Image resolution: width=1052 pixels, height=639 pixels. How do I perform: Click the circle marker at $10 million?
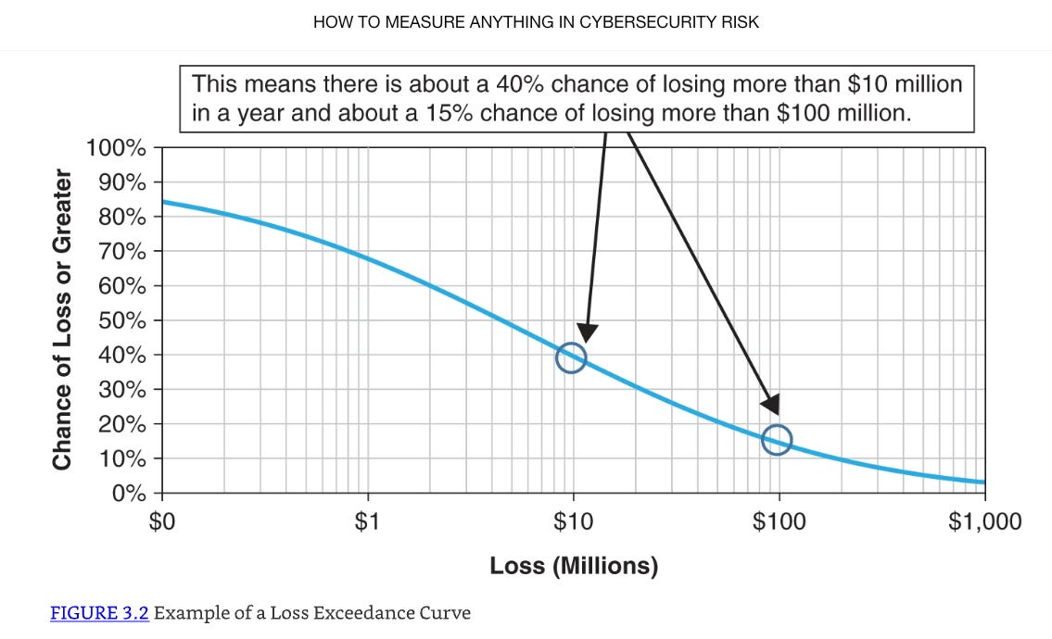[571, 357]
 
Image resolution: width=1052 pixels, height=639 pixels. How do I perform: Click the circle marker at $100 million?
[777, 439]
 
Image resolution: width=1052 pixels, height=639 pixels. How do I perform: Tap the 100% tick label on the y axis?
[115, 148]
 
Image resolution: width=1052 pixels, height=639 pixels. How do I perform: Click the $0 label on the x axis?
[162, 522]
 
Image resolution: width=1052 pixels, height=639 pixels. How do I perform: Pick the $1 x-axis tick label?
[368, 522]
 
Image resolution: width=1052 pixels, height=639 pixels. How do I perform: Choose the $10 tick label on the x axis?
[573, 522]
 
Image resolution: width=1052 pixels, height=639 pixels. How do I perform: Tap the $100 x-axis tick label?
[779, 522]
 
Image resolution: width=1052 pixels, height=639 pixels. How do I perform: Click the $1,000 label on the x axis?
[984, 522]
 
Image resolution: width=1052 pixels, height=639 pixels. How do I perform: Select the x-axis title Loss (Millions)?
[574, 566]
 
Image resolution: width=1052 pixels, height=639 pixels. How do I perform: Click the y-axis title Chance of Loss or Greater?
[62, 319]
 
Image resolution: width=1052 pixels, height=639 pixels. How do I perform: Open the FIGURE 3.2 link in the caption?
[99, 613]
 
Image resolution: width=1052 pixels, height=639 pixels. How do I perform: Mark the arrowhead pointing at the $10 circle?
[587, 333]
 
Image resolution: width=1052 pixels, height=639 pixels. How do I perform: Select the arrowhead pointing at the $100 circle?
[769, 405]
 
